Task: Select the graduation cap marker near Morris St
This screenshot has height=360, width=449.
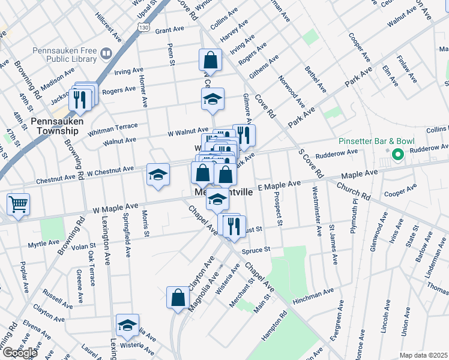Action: click(x=158, y=175)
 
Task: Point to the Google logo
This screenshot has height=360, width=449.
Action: click(x=19, y=353)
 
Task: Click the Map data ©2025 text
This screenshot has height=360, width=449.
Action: click(x=423, y=355)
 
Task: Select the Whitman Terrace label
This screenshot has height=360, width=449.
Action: click(x=113, y=128)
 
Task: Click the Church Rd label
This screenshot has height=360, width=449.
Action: click(x=353, y=191)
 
